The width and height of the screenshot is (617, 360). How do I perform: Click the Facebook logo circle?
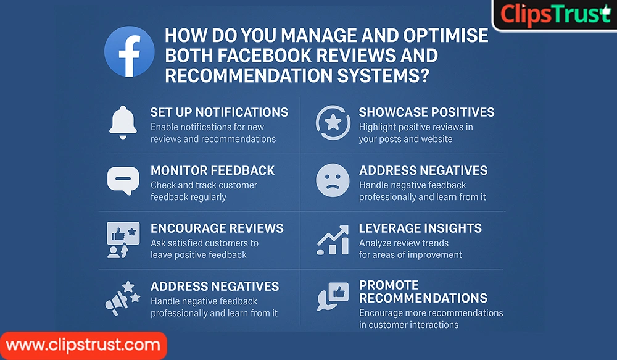129,52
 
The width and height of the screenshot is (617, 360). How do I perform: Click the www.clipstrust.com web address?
83,345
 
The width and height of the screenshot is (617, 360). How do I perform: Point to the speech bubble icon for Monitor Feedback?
122,180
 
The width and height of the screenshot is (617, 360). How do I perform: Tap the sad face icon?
333,180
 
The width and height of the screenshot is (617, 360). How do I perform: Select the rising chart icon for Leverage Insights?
333,240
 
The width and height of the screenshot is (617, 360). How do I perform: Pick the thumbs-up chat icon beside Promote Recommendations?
333,296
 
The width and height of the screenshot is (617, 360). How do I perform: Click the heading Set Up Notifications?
219,112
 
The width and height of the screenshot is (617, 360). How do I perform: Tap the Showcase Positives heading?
426,112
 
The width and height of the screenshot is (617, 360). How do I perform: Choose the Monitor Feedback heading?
212,170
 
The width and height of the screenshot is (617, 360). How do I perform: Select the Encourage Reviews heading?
217,228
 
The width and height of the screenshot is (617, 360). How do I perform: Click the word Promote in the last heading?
389,285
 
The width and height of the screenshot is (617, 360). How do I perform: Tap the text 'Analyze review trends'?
404,243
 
